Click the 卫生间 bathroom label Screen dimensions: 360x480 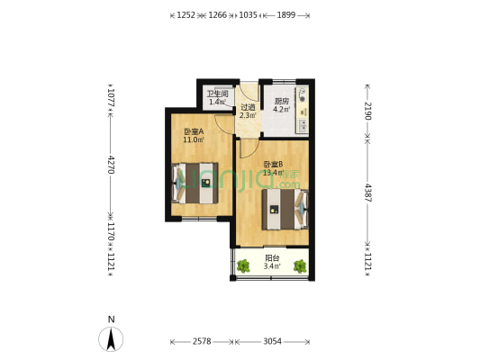(217, 94)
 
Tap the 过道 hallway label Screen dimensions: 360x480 (248, 107)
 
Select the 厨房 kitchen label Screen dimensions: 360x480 (281, 102)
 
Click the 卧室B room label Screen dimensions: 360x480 (273, 165)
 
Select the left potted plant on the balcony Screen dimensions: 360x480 (244, 265)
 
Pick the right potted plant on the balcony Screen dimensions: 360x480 (300, 265)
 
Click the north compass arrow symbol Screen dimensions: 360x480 (111, 338)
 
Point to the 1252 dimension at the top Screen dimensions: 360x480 (186, 15)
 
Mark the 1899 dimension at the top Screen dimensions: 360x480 (286, 15)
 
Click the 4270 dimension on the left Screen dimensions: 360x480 (111, 165)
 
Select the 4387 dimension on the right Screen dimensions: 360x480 (367, 192)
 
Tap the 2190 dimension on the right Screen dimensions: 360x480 (367, 112)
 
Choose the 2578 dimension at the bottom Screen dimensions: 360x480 (201, 342)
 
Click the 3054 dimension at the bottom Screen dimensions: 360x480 (272, 342)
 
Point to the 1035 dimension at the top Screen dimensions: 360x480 (249, 15)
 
